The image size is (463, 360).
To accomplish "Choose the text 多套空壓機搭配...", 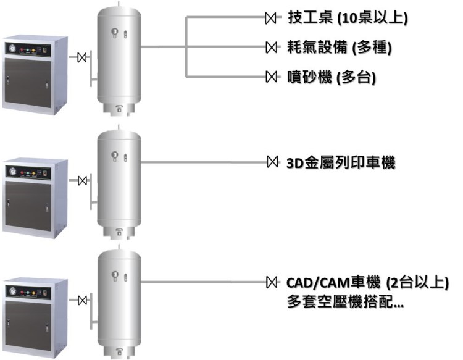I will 346,303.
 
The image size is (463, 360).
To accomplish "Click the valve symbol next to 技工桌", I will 270,18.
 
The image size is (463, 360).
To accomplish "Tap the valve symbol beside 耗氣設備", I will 270,47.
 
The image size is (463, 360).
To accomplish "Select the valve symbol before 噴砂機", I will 270,77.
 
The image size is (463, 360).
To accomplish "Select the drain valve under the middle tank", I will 119,232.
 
